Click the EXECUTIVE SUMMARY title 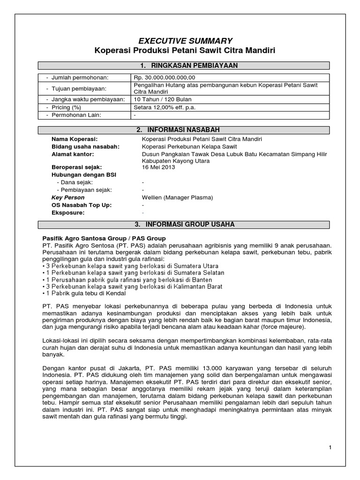click(x=180, y=41)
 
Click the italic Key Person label click(x=68, y=197)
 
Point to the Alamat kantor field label click(x=73, y=154)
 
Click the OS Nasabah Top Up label click(x=78, y=205)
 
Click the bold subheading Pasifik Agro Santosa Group click(x=104, y=239)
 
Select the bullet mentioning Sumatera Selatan click(x=133, y=272)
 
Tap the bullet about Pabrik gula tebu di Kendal click(x=84, y=293)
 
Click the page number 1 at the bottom click(x=330, y=447)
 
